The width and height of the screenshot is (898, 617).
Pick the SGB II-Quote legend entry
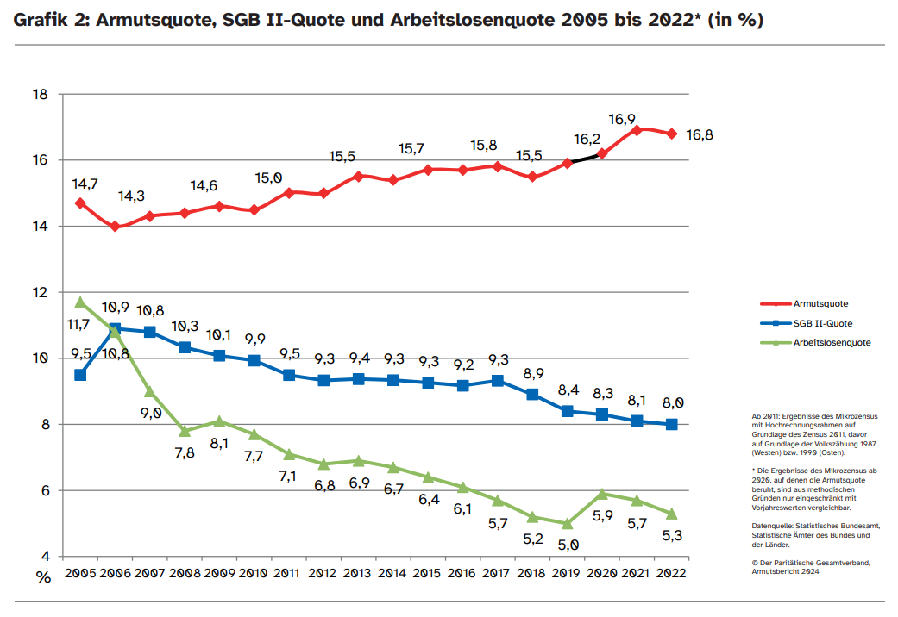(x=822, y=323)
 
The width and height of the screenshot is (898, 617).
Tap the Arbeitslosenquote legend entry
(x=831, y=342)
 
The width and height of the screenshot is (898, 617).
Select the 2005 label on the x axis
(x=79, y=574)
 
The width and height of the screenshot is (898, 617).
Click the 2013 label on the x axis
(x=356, y=574)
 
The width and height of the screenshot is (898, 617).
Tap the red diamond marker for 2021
(x=637, y=130)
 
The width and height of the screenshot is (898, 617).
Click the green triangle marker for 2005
(x=80, y=302)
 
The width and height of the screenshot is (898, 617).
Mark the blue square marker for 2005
(x=80, y=375)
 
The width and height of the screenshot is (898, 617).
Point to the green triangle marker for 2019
(x=567, y=523)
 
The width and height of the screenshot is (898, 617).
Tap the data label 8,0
(x=674, y=402)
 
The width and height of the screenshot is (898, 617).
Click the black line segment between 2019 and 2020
(x=584, y=158)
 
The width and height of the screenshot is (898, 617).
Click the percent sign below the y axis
(x=43, y=577)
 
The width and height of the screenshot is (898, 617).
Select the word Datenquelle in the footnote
(x=773, y=525)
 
